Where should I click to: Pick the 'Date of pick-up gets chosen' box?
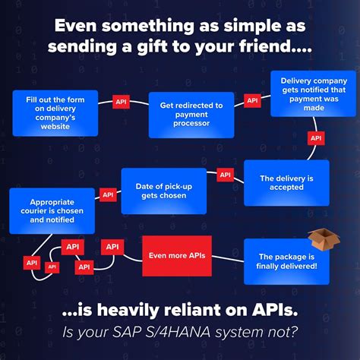click(x=163, y=191)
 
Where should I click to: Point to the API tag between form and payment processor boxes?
click(x=121, y=101)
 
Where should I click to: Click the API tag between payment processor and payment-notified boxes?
click(x=253, y=99)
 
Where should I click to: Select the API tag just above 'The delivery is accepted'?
click(x=317, y=138)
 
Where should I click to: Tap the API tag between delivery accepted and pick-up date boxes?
click(x=226, y=175)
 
